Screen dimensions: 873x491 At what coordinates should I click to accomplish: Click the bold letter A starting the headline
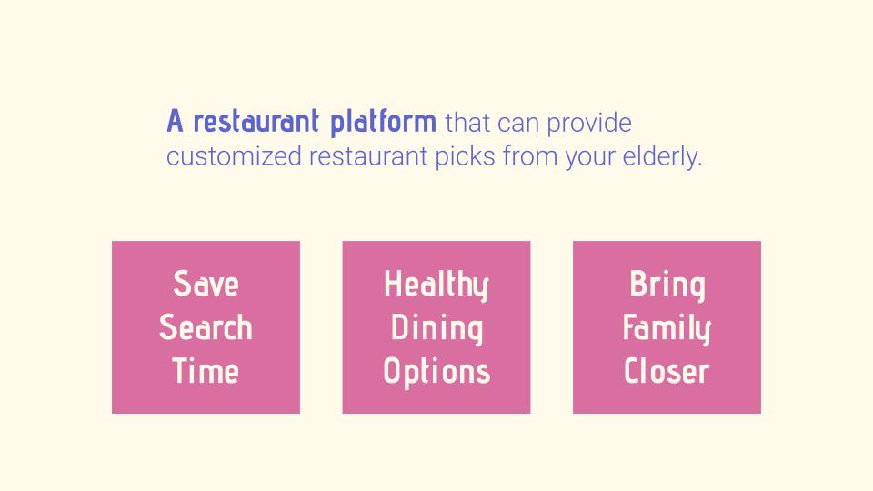coord(175,121)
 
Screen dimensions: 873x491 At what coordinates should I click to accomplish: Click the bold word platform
coord(383,123)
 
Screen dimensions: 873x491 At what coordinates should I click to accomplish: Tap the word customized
coord(234,156)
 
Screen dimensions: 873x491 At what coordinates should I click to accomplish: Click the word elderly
coord(662,156)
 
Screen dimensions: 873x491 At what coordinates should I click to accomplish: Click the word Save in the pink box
coord(206,284)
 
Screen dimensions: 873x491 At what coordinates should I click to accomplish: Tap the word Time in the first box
coord(206,371)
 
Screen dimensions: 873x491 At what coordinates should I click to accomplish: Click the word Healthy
coord(436,285)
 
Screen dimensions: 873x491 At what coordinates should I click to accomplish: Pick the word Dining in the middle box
coord(436,329)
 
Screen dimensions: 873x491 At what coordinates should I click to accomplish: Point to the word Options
coord(436,373)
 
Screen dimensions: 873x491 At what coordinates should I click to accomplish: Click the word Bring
coord(667,285)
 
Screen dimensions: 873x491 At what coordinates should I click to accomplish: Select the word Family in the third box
coord(667,329)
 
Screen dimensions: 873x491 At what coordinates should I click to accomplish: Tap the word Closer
coord(667,371)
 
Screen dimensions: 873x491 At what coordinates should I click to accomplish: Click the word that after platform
coord(467,123)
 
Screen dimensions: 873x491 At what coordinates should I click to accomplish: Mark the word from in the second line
coord(530,155)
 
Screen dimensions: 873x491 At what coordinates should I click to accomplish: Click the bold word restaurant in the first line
coord(256,121)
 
